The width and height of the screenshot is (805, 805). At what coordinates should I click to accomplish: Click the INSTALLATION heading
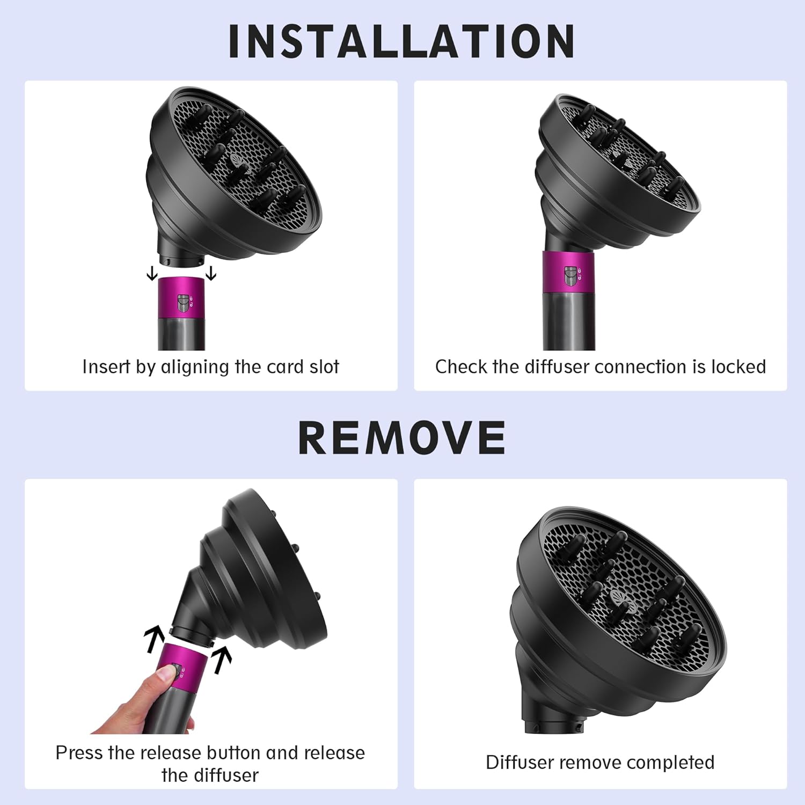(x=401, y=41)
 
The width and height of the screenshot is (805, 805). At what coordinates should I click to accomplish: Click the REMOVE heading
(x=402, y=437)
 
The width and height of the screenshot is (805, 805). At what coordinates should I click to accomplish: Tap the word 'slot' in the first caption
(x=324, y=367)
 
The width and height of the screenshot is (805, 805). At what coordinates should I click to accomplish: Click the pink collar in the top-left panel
(x=181, y=297)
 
